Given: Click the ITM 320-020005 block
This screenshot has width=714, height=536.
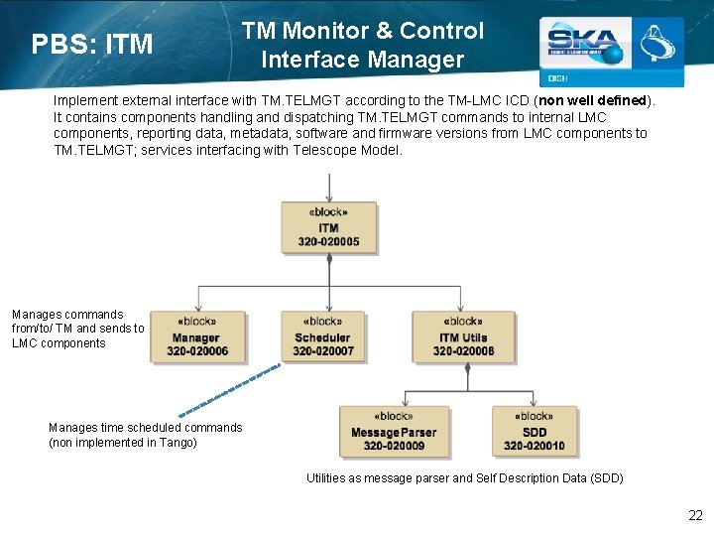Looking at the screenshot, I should [328, 227].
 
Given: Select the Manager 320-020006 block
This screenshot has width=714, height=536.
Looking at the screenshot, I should [197, 336].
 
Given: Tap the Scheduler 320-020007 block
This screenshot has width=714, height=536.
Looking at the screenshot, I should [323, 336].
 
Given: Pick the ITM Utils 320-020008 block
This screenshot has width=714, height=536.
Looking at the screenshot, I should [463, 336].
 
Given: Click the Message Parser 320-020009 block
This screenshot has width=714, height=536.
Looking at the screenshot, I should [394, 432].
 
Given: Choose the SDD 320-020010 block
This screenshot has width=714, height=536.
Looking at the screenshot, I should [534, 432].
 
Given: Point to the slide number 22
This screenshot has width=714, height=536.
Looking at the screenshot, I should [695, 515].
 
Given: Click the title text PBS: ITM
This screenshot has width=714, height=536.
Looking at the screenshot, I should [92, 45].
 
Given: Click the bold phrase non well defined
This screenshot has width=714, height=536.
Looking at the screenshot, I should [592, 101].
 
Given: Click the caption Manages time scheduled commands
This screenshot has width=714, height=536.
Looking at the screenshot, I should [145, 428].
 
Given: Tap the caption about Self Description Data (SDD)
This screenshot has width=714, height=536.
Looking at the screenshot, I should [464, 478].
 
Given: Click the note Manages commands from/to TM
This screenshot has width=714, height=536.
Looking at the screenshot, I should [77, 329].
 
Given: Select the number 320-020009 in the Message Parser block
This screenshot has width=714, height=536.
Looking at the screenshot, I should [394, 446].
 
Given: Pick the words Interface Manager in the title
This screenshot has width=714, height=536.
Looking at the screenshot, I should [362, 60].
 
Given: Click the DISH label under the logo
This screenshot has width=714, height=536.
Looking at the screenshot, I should [556, 78].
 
